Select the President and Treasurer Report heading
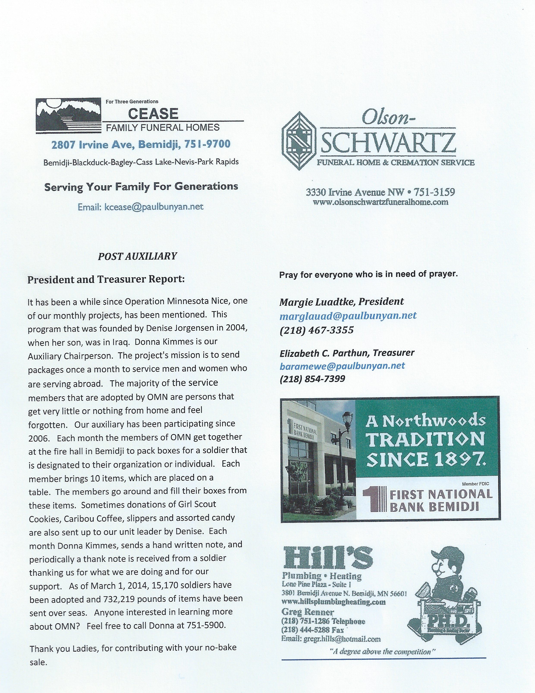106,279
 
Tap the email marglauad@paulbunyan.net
348,316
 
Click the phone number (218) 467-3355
316,330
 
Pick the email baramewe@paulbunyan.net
342,366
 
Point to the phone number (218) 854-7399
312,379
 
